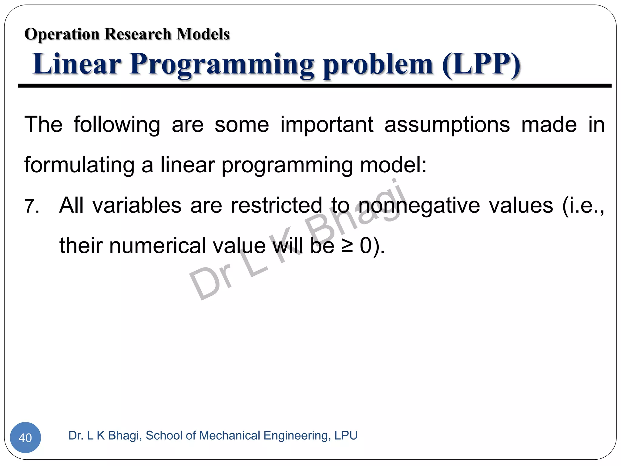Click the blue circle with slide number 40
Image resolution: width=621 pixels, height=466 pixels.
[x=25, y=437]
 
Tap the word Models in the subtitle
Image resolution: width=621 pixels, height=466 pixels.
[x=203, y=34]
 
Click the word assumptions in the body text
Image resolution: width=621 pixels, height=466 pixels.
[x=447, y=125]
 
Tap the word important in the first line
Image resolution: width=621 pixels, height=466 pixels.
[x=327, y=125]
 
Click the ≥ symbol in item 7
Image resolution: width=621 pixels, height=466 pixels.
[x=347, y=246]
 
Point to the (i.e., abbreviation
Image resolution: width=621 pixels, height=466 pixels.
[x=583, y=206]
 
